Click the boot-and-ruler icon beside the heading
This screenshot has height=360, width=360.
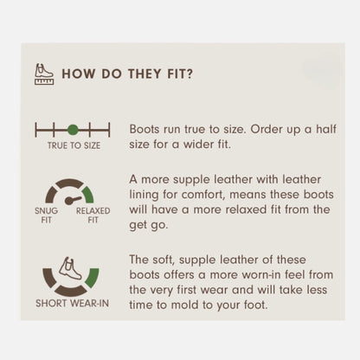[44, 74]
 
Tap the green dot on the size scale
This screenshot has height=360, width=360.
[73, 130]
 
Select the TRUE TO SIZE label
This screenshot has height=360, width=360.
[74, 145]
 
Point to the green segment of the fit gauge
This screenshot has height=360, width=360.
[88, 194]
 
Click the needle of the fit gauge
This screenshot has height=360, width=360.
[73, 200]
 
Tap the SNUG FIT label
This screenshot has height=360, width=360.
[46, 215]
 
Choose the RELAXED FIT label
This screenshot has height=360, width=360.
[93, 215]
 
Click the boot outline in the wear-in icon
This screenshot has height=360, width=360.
[71, 268]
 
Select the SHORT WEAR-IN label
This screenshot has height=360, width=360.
[72, 303]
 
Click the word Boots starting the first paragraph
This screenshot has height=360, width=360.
[145, 129]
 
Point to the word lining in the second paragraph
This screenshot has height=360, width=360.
[144, 195]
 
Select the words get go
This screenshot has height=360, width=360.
[148, 225]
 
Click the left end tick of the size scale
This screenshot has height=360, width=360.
[35, 130]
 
